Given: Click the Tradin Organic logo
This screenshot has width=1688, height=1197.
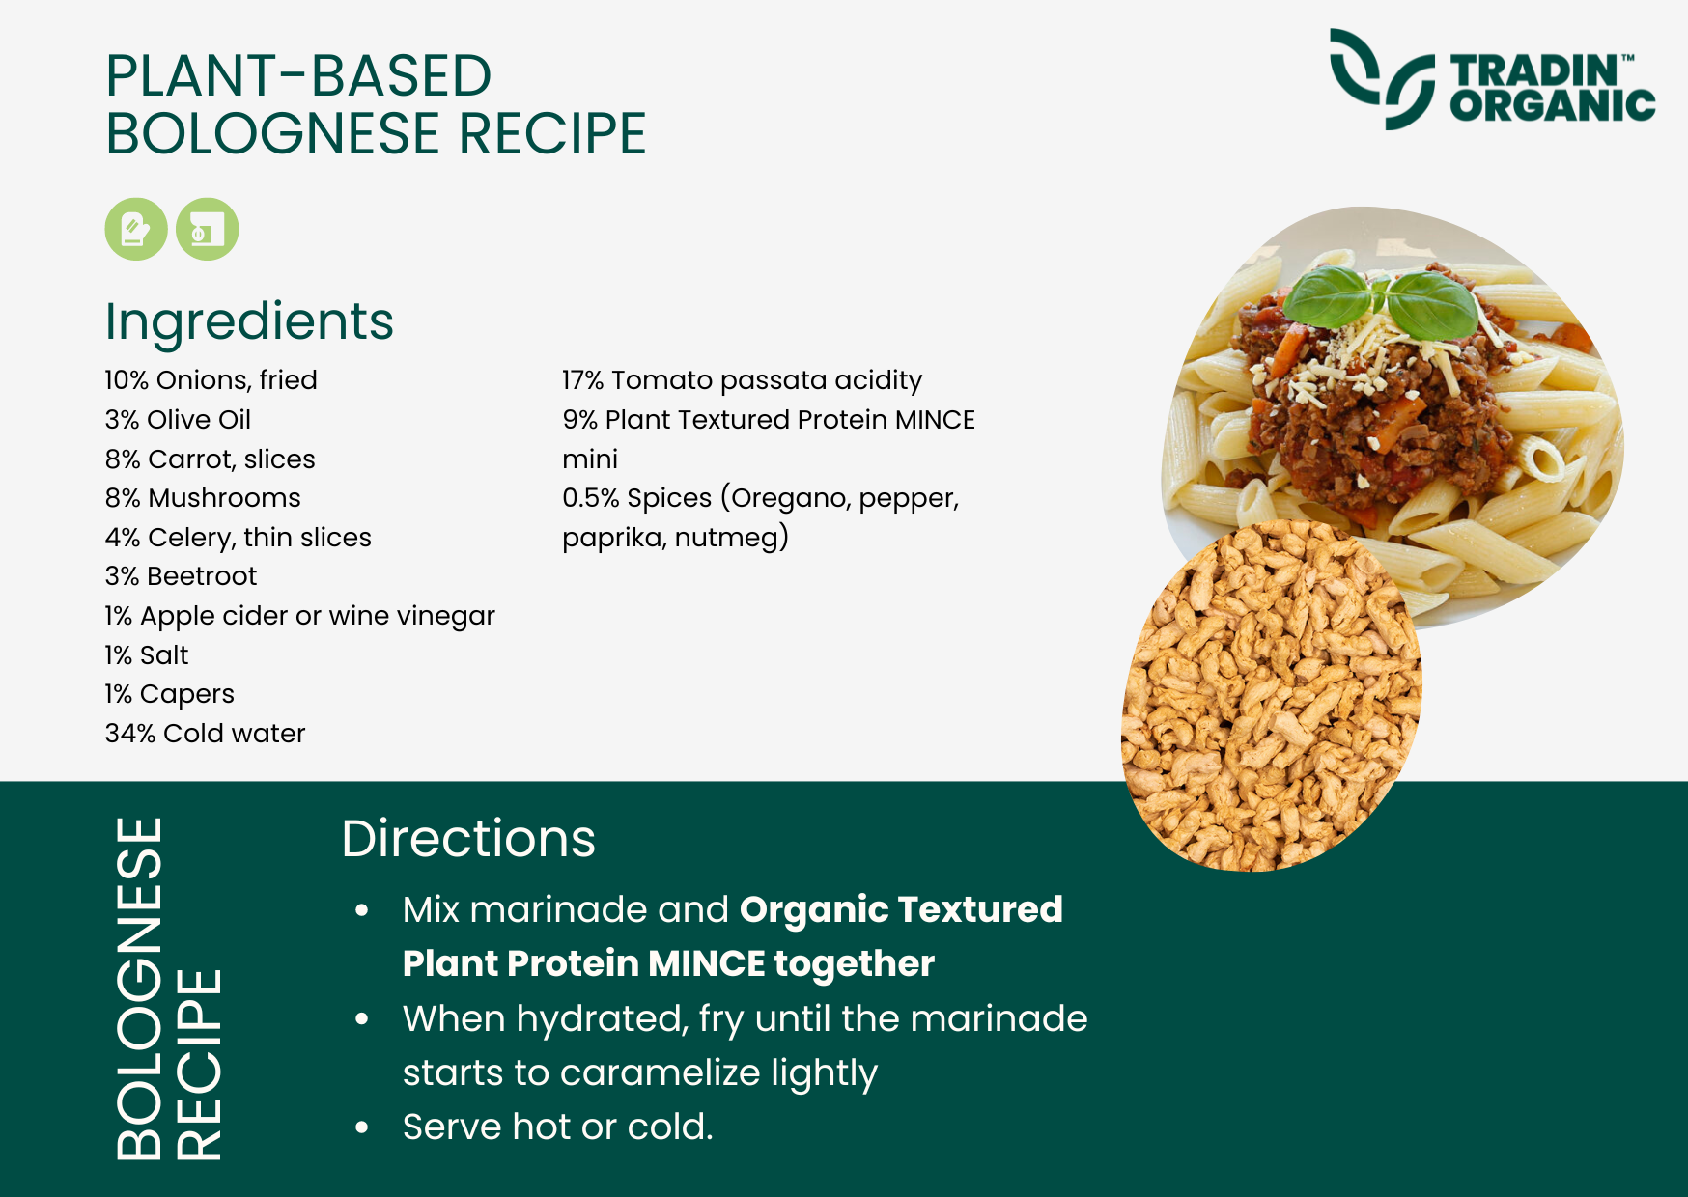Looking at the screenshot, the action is coord(1492,79).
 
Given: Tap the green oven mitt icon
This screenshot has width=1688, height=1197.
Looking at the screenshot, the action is coord(136,230).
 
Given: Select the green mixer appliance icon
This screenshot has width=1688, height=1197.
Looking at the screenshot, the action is coord(207,230).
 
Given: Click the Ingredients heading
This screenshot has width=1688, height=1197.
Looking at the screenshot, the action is coord(249,321).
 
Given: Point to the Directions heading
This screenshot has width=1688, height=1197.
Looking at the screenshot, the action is coord(468,838).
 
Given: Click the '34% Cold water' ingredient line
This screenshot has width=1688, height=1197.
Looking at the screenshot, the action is coord(205,734).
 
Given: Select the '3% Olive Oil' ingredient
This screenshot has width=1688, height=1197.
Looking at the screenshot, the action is coord(178,420).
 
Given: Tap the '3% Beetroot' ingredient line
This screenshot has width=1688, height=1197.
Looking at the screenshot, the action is coord(181,576).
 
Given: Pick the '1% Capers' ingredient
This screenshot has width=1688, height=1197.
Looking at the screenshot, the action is coord(169,695).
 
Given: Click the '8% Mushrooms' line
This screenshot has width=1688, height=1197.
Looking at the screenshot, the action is coord(203,498).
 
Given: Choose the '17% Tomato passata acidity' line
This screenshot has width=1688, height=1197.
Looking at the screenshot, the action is coord(742,381).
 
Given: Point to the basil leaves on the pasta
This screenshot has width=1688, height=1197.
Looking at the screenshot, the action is coord(1384,300).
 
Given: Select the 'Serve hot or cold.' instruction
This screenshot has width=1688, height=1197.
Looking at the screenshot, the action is coord(557,1127).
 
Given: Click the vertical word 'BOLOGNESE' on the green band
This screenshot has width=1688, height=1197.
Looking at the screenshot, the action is coord(140,988).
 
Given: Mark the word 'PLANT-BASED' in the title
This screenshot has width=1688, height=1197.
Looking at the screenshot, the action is coord(298,76).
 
